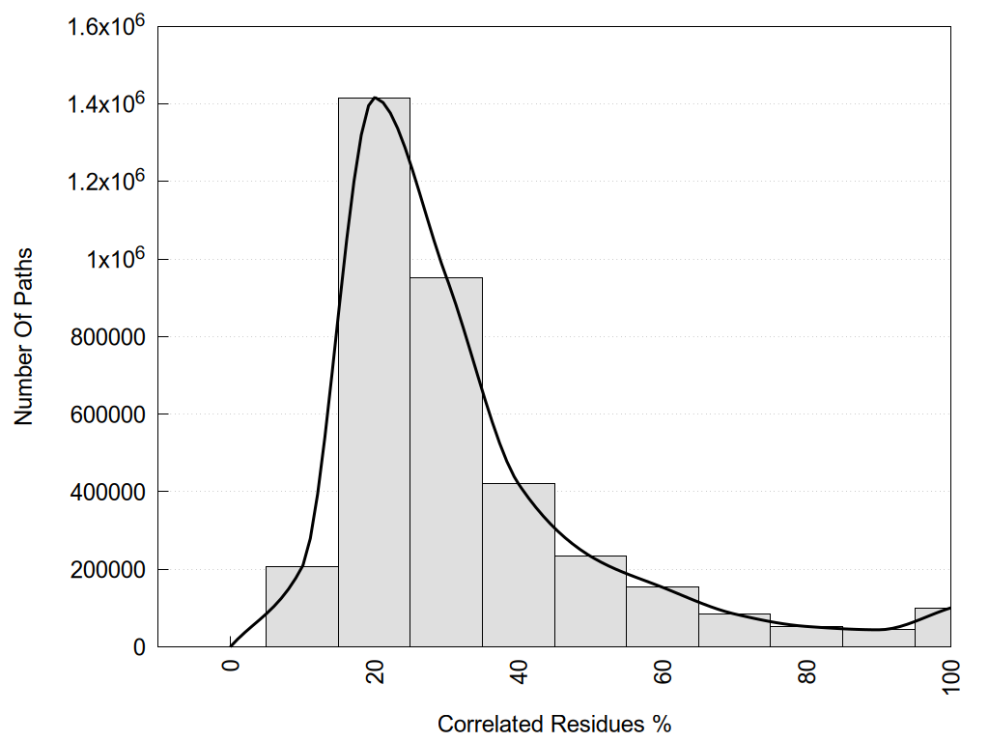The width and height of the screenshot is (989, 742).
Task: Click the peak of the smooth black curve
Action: coord(375,98)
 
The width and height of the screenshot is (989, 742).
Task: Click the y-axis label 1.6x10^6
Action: coord(105,26)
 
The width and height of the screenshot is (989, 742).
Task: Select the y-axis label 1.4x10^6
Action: coord(105,103)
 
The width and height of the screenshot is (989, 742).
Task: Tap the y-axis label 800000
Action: coord(109,337)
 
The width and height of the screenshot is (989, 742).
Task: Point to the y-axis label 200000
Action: coord(109,570)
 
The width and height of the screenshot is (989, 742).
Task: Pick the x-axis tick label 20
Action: coord(376,672)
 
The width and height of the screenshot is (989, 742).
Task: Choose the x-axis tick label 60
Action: coord(664,672)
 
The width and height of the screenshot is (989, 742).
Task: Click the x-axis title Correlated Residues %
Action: coord(553,724)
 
